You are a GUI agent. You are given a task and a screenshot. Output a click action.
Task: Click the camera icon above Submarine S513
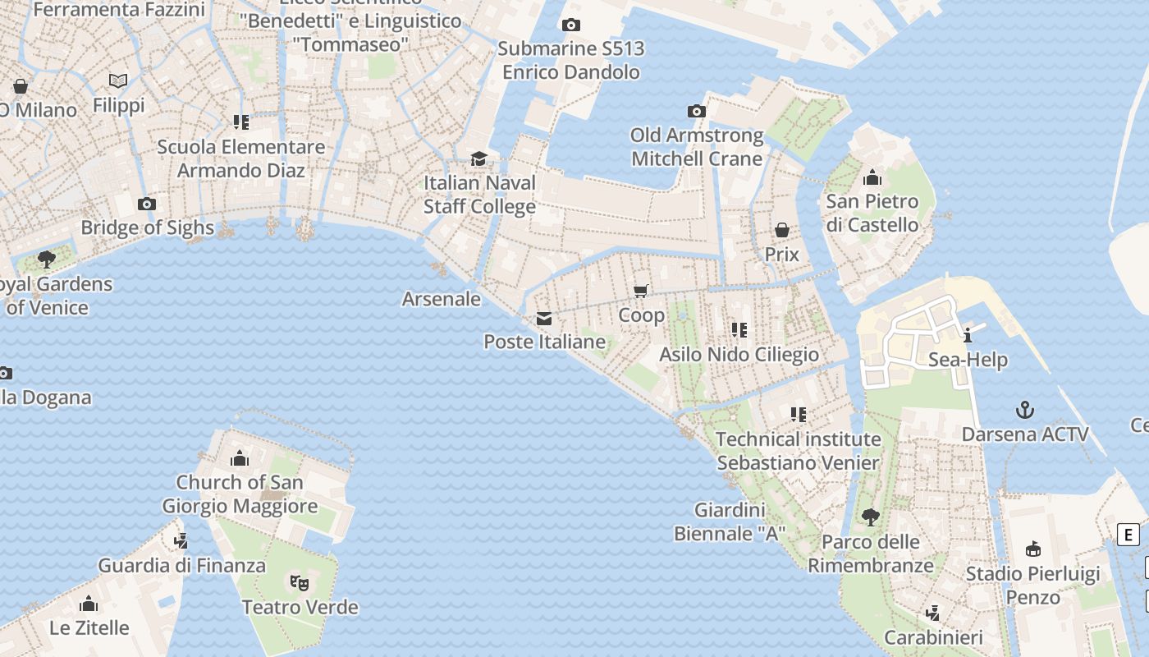pyautogui.click(x=571, y=25)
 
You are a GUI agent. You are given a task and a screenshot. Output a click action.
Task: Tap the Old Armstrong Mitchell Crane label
pyautogui.click(x=697, y=147)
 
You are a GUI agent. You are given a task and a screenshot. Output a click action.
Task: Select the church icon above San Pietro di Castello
pyautogui.click(x=872, y=177)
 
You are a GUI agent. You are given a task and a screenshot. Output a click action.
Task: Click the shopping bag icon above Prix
pyautogui.click(x=782, y=230)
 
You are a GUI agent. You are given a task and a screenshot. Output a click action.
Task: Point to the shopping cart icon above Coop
pyautogui.click(x=641, y=291)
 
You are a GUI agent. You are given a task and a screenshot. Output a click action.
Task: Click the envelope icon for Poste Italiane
pyautogui.click(x=544, y=319)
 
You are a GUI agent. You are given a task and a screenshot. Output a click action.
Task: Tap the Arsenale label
pyautogui.click(x=442, y=299)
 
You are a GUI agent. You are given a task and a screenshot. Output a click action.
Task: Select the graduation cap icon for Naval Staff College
pyautogui.click(x=478, y=159)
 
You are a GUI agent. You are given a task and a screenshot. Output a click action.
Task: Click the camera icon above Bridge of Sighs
pyautogui.click(x=147, y=204)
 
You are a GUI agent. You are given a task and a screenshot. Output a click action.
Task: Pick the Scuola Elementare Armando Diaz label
pyautogui.click(x=241, y=159)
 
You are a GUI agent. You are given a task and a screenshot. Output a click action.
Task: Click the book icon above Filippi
pyautogui.click(x=118, y=80)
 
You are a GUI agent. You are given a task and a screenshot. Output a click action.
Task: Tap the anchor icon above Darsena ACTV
pyautogui.click(x=1025, y=410)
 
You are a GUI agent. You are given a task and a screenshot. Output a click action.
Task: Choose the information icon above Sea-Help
pyautogui.click(x=968, y=335)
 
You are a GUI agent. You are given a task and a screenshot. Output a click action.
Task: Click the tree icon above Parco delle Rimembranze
pyautogui.click(x=871, y=517)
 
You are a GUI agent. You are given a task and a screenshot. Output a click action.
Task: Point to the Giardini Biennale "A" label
pyautogui.click(x=730, y=522)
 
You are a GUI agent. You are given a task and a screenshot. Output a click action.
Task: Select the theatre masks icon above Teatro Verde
pyautogui.click(x=300, y=583)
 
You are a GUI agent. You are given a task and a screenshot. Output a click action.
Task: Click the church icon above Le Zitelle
pyautogui.click(x=89, y=604)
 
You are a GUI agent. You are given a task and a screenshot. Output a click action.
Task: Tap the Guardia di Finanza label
pyautogui.click(x=182, y=566)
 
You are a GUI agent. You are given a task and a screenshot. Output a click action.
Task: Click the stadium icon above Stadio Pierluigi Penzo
pyautogui.click(x=1032, y=549)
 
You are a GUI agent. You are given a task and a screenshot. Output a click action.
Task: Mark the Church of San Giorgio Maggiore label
pyautogui.click(x=240, y=494)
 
